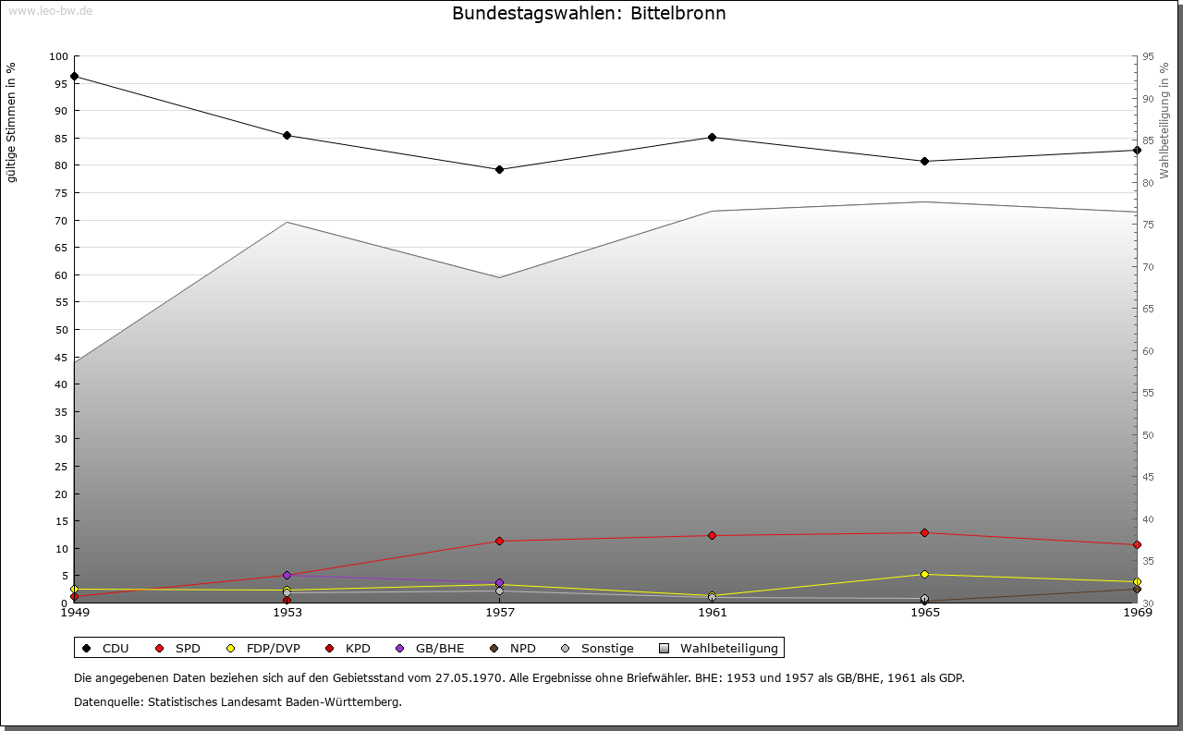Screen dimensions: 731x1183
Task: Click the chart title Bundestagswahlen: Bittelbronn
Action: (589, 14)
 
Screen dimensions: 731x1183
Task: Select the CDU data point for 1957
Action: (499, 169)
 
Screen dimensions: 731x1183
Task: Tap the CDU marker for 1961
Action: (712, 137)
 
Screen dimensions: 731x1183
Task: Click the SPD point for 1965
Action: (924, 532)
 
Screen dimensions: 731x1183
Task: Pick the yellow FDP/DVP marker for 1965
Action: (924, 574)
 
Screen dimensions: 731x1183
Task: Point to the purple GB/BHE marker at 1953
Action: (287, 575)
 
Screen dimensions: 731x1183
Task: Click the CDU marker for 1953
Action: (287, 135)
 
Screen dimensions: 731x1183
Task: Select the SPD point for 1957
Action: (499, 541)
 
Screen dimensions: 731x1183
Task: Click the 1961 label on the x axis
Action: (712, 612)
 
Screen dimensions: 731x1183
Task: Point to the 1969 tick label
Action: (1136, 612)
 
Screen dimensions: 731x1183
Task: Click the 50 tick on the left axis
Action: (61, 330)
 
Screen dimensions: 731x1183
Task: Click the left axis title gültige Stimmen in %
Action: (12, 122)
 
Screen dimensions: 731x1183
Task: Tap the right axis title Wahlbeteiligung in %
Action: (1165, 120)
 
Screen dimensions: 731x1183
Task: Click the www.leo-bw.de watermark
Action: (48, 10)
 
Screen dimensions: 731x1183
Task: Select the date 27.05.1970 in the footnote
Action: (469, 678)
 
